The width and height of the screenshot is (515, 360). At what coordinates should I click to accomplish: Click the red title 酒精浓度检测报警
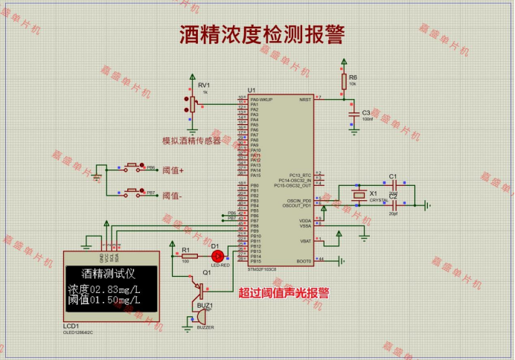coord(261,34)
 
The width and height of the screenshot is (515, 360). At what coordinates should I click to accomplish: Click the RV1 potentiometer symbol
coord(193,103)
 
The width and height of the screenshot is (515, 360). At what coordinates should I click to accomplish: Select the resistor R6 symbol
coord(343,80)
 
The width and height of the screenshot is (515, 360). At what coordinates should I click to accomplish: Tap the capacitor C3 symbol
coord(352,113)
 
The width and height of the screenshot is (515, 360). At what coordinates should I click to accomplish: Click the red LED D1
coord(217,255)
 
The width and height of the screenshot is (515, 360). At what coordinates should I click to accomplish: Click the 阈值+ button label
coord(173,170)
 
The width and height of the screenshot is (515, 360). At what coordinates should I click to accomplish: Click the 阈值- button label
coord(173,196)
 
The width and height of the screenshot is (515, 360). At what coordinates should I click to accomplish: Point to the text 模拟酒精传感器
coord(191,140)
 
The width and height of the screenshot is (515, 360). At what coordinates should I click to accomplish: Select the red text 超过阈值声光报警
coord(284,293)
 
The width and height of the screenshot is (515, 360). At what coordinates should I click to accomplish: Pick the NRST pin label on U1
coord(305,99)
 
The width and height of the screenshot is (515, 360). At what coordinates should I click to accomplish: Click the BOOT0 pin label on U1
coord(304,261)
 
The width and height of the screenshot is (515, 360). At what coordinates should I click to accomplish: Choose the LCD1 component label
coord(71,326)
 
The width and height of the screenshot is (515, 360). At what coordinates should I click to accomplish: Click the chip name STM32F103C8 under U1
coord(262,269)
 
